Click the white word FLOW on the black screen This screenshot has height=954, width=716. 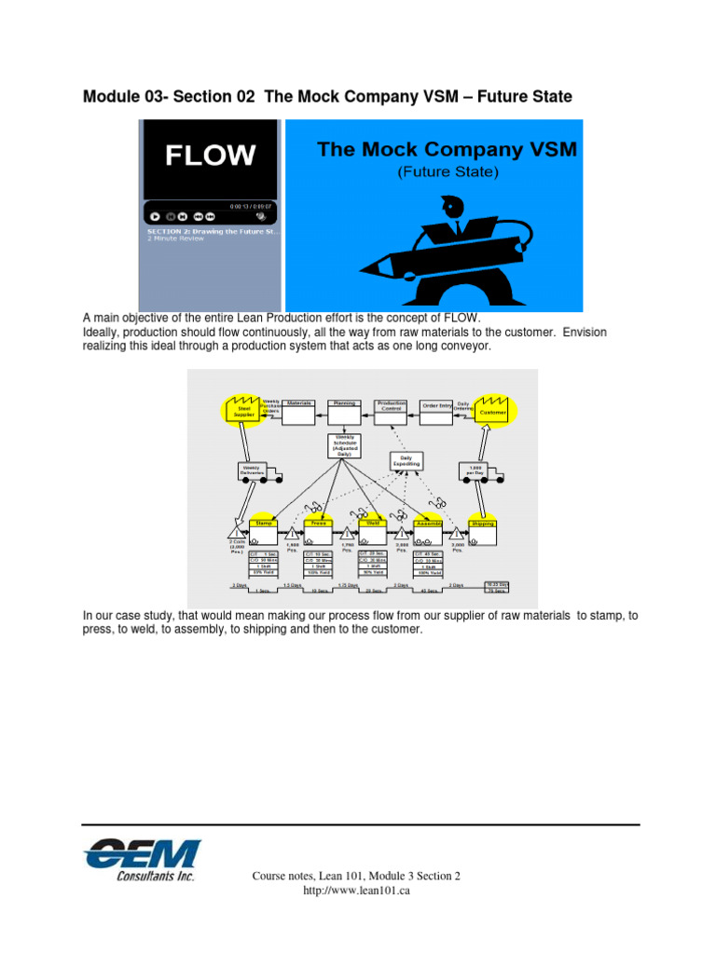(210, 155)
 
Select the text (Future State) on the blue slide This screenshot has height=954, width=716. (447, 172)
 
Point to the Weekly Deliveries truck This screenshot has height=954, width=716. (252, 470)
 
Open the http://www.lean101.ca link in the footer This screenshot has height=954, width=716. (357, 891)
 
